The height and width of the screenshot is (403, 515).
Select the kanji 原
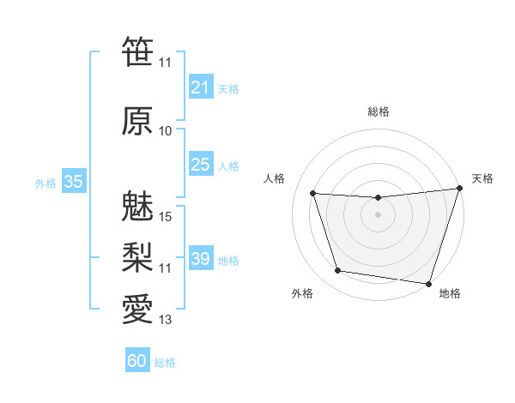point(137,121)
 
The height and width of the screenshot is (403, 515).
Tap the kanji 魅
point(137,207)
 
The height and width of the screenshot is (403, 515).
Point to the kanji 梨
point(137,256)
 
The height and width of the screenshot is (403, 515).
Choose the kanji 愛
point(137,308)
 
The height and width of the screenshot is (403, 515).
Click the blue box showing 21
point(201,87)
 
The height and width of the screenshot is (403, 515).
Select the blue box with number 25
point(201,165)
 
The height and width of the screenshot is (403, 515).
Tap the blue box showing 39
point(201,259)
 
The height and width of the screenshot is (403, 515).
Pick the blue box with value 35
point(74,182)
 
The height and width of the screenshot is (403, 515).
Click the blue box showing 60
point(137,361)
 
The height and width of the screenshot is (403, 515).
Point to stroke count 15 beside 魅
point(166,217)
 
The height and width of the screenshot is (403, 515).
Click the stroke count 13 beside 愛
point(166,321)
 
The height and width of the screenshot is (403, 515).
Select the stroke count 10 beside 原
point(166,131)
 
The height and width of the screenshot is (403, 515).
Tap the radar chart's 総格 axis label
point(378,111)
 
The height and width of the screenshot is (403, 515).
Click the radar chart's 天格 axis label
point(482,178)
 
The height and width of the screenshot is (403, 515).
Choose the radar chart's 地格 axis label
point(450,293)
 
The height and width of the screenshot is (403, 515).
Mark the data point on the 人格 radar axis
point(312,193)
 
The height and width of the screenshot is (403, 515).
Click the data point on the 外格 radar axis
point(338,271)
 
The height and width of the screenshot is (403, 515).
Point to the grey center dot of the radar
point(378,214)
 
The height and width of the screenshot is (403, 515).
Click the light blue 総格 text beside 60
point(165,363)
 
